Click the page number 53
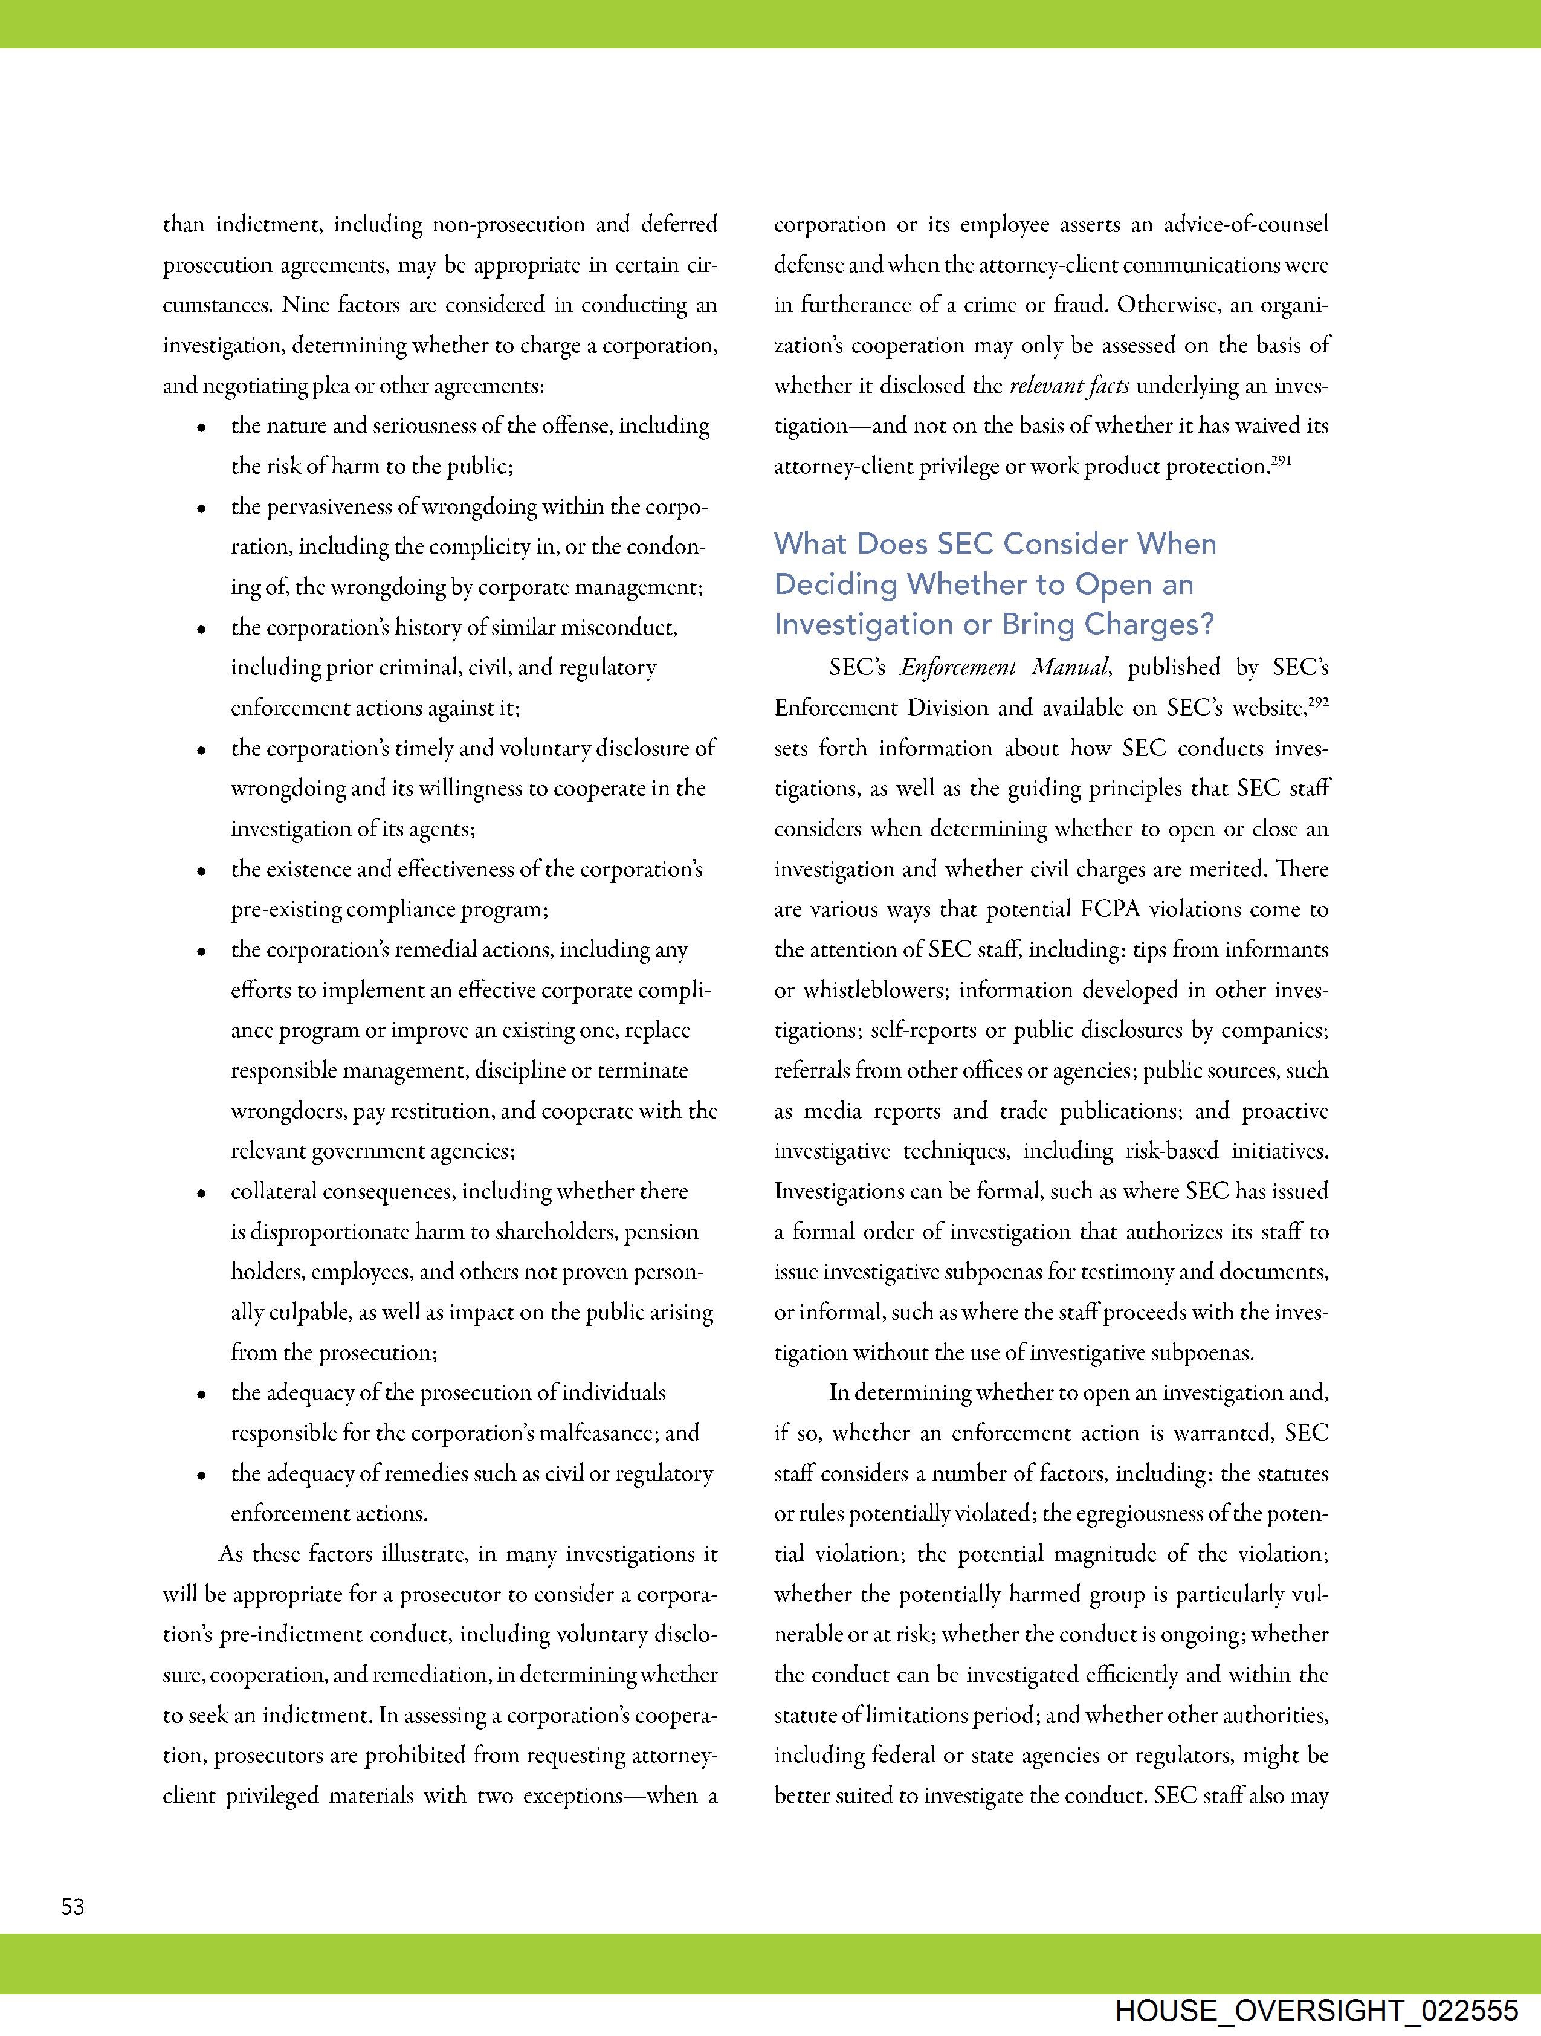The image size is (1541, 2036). coord(73,1906)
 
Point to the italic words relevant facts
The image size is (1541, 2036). coord(1069,386)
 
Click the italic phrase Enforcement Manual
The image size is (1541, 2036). coord(1005,667)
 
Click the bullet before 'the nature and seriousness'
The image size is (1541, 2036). coord(201,428)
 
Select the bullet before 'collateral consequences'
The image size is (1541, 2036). coord(201,1194)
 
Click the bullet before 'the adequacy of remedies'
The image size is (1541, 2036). coord(201,1476)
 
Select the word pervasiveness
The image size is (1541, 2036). coord(329,507)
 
